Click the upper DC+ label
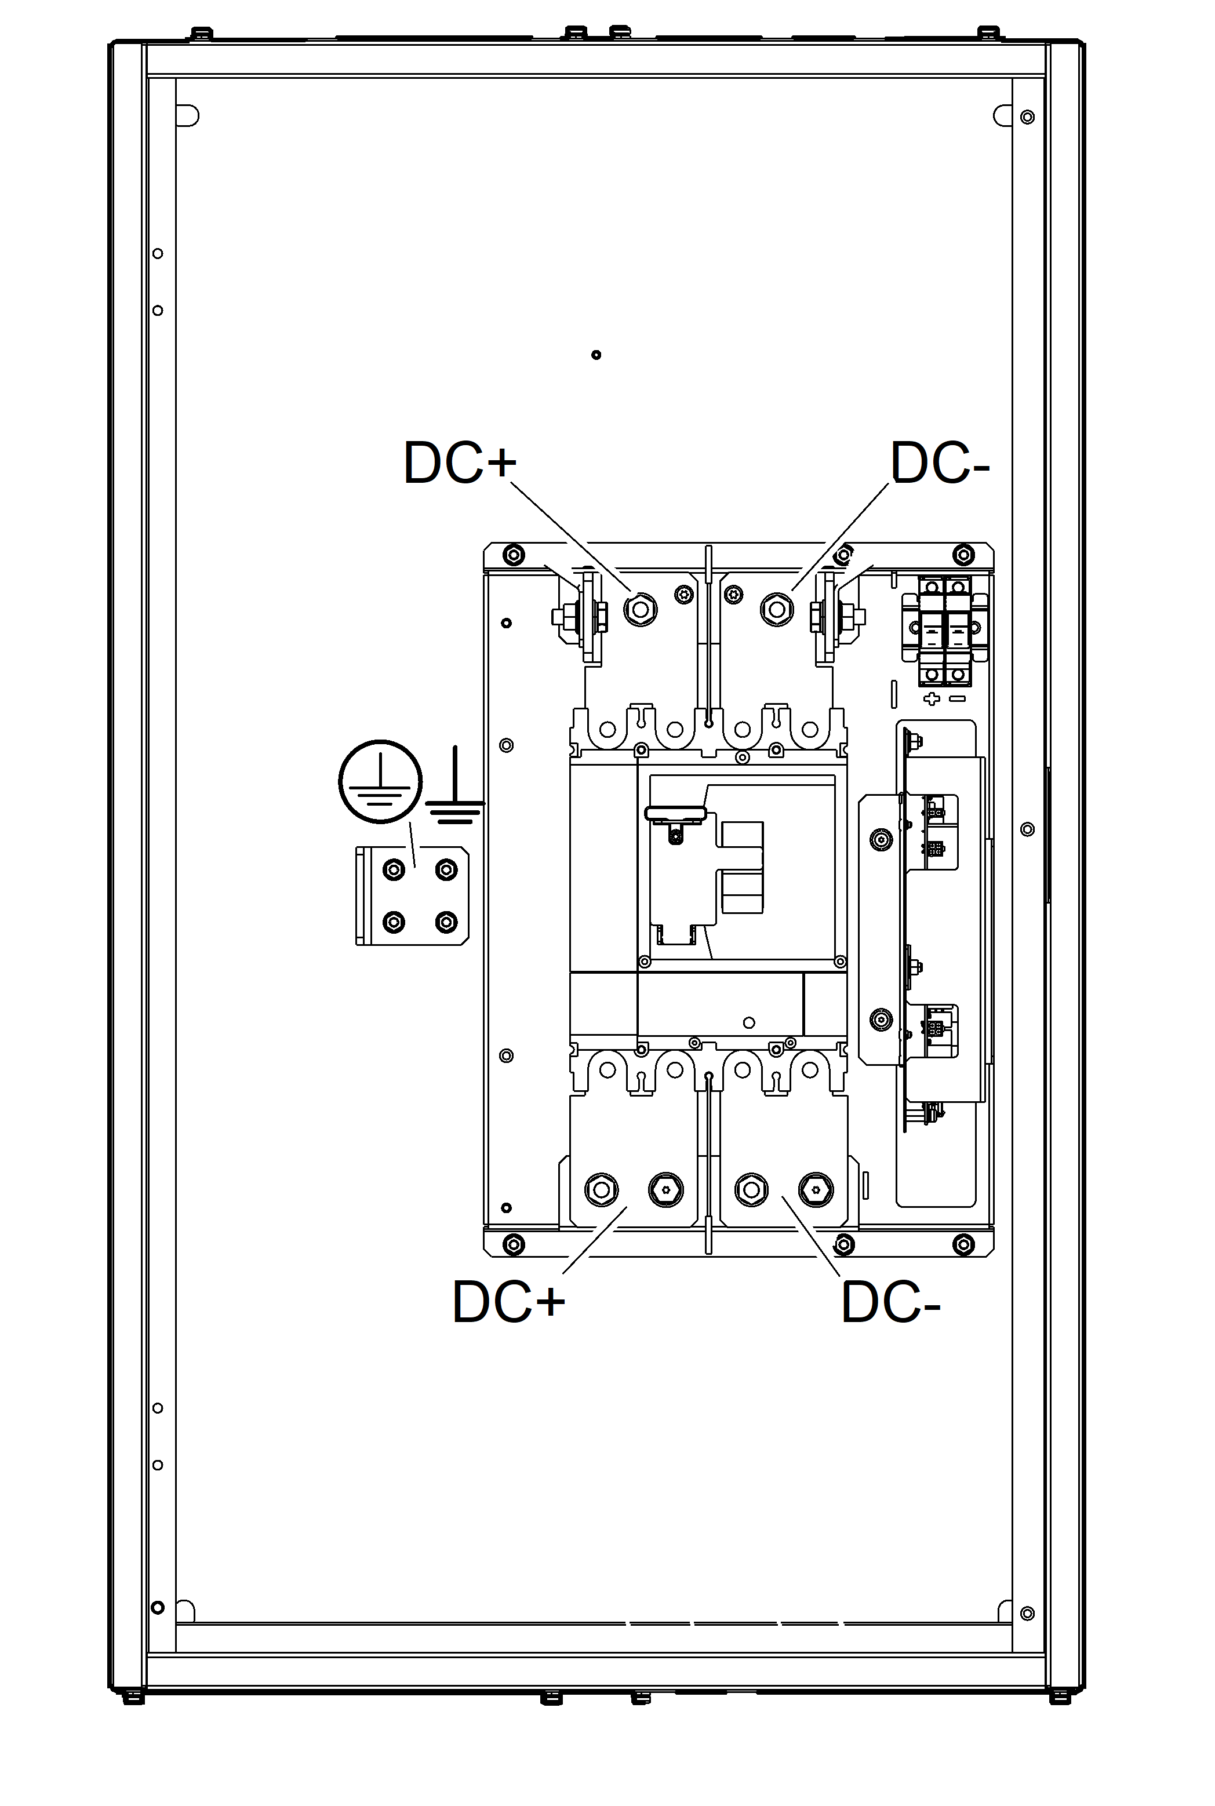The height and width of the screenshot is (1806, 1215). tap(460, 463)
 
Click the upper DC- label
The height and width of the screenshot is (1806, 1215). tap(940, 463)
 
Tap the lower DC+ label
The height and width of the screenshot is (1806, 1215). tap(508, 1302)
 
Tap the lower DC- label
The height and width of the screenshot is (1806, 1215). tap(890, 1302)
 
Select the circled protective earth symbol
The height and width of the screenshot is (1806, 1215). tap(380, 781)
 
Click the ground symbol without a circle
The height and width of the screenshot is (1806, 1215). tap(455, 784)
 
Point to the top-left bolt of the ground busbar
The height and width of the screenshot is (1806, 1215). tap(394, 870)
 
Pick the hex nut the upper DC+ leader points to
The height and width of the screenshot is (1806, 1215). tap(640, 610)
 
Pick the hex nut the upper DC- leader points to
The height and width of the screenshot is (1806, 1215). tap(777, 610)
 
